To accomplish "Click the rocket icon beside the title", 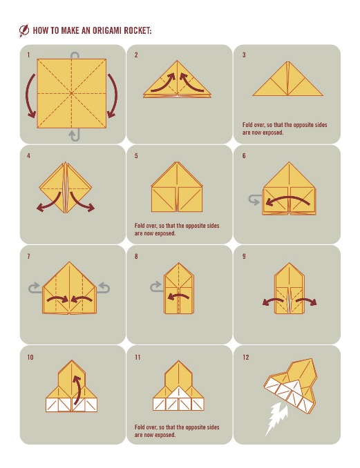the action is pos(24,30).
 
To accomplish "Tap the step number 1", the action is pos(28,55).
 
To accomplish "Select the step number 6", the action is pos(244,155).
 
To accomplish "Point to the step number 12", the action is pos(245,357).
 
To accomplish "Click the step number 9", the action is pos(244,256).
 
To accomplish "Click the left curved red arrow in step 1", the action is pos(29,95).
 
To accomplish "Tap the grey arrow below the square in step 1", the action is pos(75,135).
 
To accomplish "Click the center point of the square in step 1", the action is pos(72,93).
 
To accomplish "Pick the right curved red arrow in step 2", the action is pos(192,82).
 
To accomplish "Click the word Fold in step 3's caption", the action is pos(247,124).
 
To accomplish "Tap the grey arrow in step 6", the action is pos(254,199).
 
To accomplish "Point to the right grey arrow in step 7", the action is pos(104,288).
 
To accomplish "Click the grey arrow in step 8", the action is pos(156,287).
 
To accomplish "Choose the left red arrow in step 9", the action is pos(272,302).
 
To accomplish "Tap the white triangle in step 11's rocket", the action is pos(179,393).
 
